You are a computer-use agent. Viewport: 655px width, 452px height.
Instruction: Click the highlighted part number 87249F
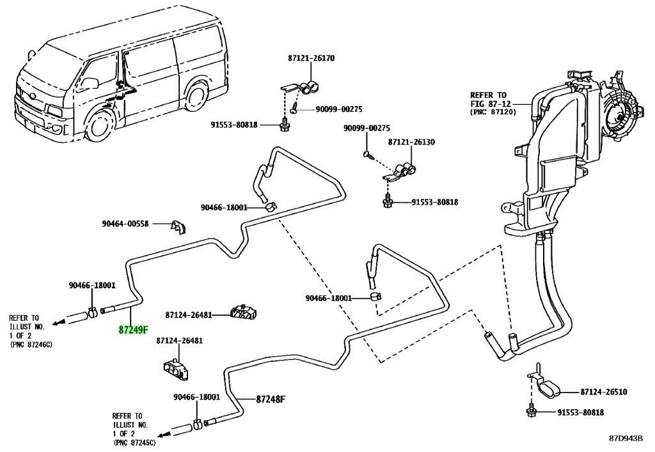133,330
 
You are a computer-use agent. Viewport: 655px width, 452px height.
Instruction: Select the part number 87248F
271,399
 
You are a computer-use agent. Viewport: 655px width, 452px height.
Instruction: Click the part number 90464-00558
125,224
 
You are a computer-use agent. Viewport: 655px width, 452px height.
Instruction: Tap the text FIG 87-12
488,104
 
